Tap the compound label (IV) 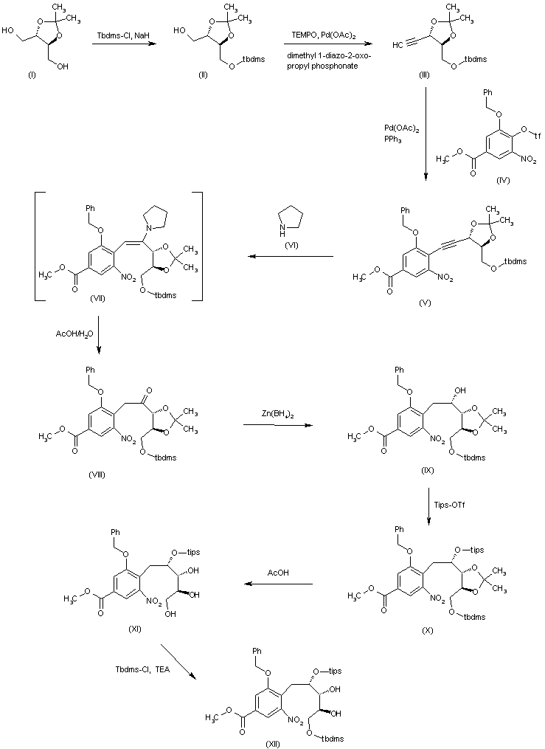click(x=504, y=179)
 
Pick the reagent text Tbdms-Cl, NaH click(x=122, y=34)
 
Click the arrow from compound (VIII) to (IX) click(x=279, y=425)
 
